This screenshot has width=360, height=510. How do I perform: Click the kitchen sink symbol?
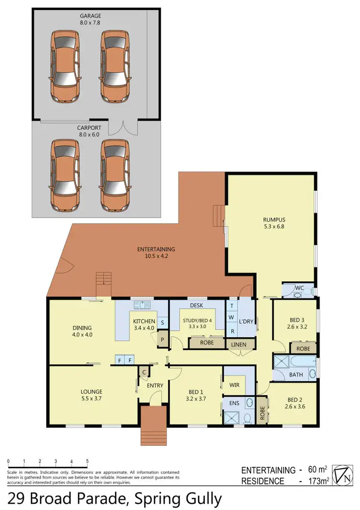[143, 305]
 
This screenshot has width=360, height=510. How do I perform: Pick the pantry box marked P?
[163, 339]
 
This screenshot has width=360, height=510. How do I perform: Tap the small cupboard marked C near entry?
[144, 371]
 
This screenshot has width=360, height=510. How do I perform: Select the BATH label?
[296, 375]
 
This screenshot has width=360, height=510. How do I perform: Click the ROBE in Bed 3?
[303, 349]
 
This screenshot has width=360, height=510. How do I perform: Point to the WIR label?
[235, 385]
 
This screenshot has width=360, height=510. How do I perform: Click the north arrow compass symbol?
[344, 475]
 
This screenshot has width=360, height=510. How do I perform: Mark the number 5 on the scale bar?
[87, 461]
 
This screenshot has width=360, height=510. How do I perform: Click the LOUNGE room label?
[91, 392]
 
